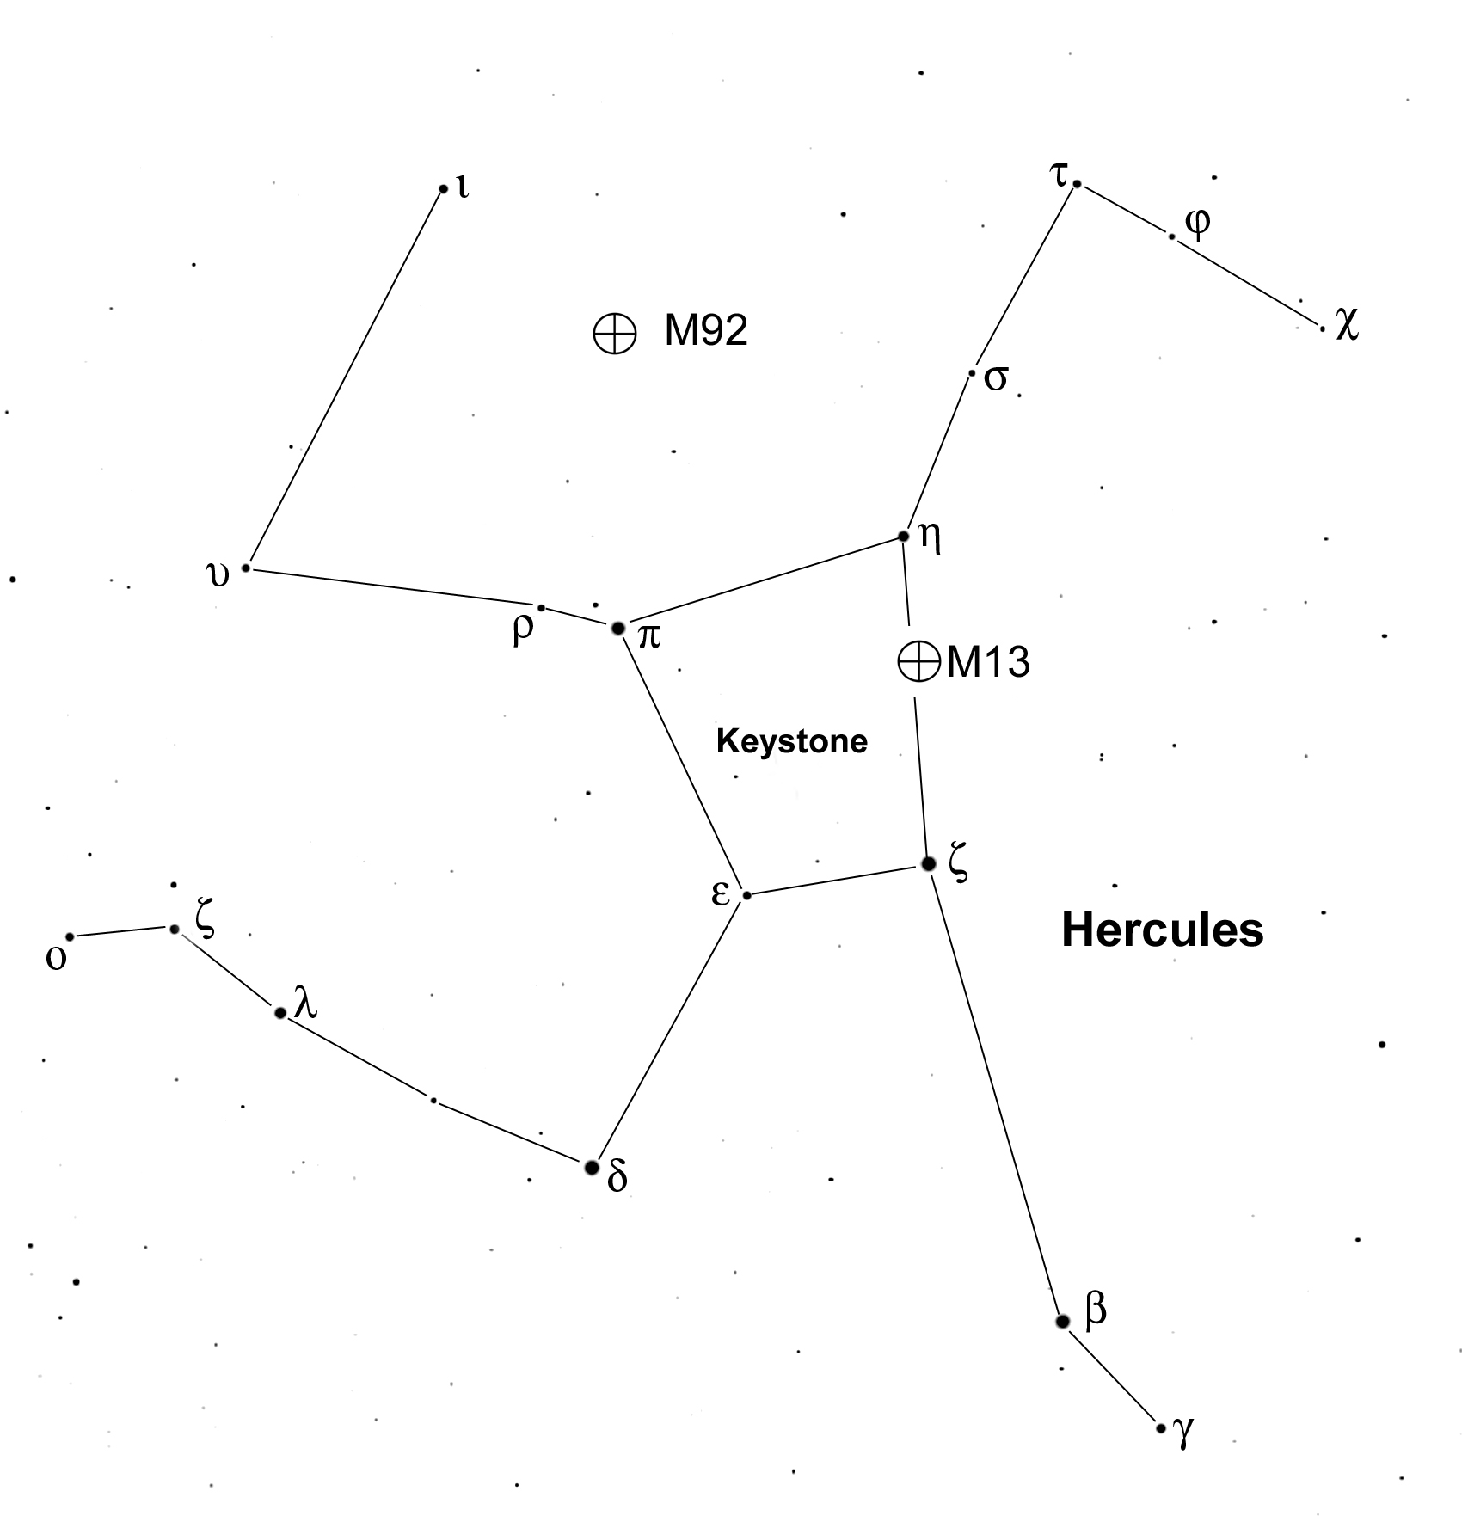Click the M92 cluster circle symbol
click(615, 333)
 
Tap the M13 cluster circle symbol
click(918, 661)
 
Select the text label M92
click(706, 330)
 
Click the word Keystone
click(792, 741)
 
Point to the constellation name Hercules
click(1163, 930)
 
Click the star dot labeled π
click(617, 629)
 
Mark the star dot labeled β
click(1063, 1322)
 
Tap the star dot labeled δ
click(591, 1168)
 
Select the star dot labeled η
click(903, 537)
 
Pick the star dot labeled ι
click(443, 189)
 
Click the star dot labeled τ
click(1077, 184)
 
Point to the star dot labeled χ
click(1322, 328)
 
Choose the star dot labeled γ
click(1161, 1428)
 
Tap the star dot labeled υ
click(245, 568)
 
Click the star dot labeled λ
click(279, 1013)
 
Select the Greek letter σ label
click(995, 379)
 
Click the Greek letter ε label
click(720, 893)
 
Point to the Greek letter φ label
click(1197, 224)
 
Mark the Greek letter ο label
click(56, 959)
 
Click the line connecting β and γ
click(1112, 1375)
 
